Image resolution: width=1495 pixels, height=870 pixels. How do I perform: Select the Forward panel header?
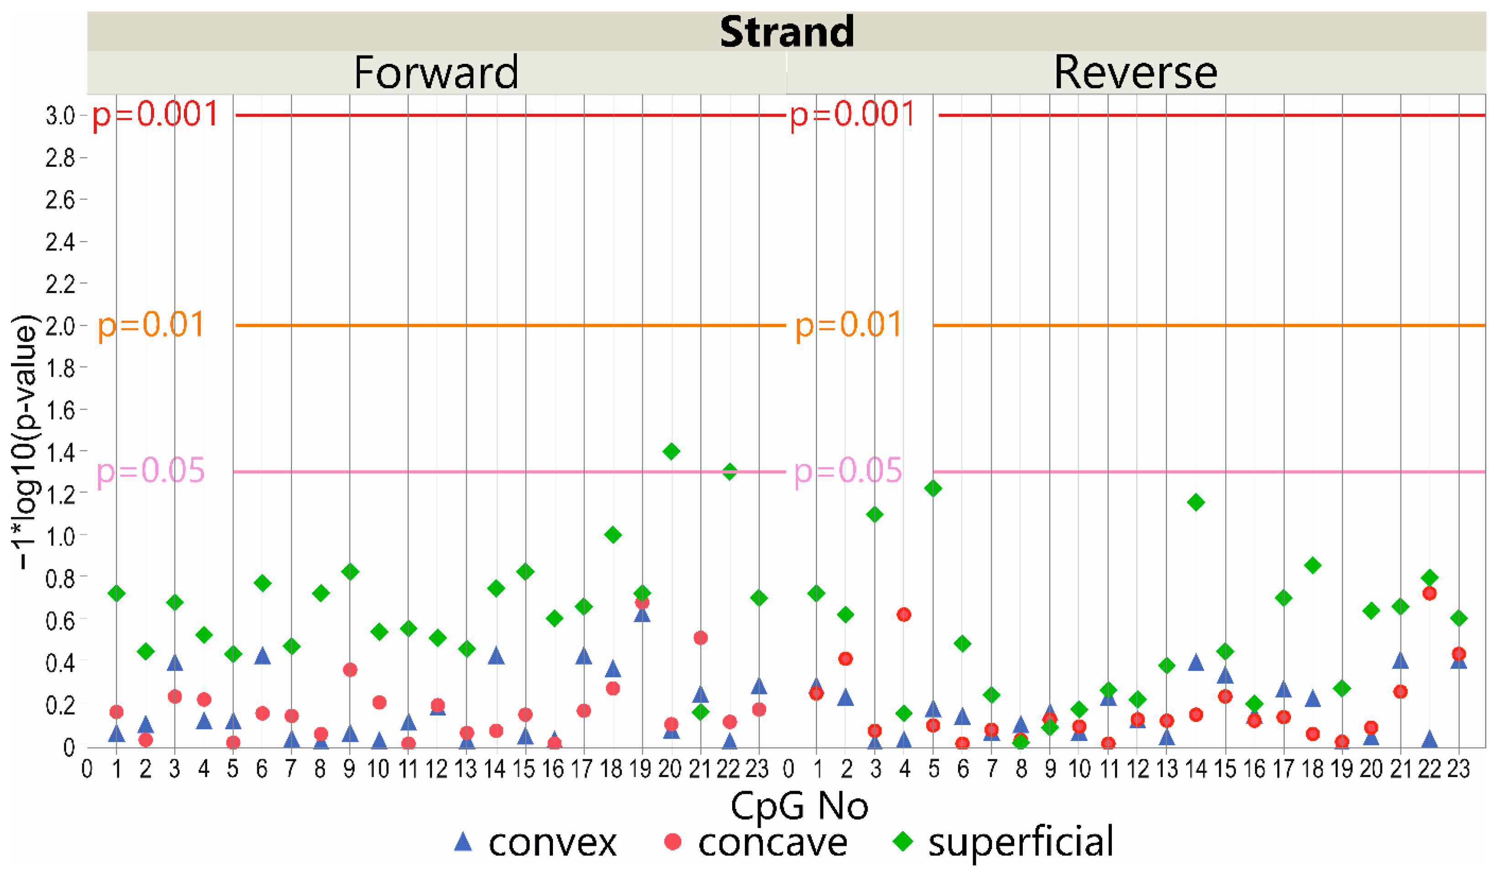(x=436, y=72)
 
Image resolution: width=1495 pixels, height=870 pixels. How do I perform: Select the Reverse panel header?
(x=1135, y=72)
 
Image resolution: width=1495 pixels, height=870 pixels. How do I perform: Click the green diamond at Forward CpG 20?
(x=671, y=451)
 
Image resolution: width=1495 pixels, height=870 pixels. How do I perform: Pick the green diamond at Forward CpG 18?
(x=613, y=535)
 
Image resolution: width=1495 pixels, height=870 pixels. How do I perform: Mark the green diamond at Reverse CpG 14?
(x=1196, y=502)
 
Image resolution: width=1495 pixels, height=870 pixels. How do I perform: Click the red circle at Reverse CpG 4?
(x=904, y=614)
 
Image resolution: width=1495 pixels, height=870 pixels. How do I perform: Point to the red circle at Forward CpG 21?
(x=701, y=638)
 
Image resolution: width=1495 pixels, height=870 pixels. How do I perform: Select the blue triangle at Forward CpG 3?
(x=174, y=663)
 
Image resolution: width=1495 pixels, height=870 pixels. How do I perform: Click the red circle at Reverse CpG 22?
(x=1430, y=593)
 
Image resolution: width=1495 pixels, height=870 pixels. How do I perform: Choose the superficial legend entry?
(x=1003, y=842)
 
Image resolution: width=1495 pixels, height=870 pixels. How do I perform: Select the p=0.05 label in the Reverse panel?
(x=848, y=471)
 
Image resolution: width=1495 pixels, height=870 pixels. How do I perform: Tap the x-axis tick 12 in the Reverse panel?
(x=1137, y=769)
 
